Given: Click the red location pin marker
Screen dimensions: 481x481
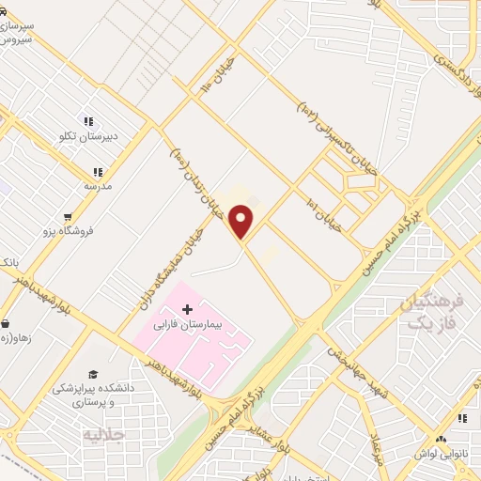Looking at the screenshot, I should (242, 222).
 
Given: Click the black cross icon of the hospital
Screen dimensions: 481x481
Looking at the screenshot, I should (187, 309).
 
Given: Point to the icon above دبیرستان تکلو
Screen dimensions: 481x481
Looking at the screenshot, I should (88, 121).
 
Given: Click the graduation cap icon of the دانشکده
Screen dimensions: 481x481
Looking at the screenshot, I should (92, 374).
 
